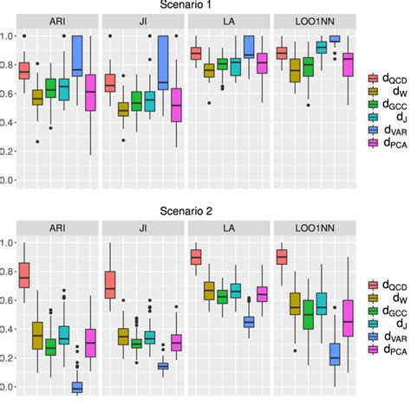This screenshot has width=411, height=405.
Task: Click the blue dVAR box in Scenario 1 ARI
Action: point(77,56)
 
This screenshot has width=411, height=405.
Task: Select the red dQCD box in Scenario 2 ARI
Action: point(24,274)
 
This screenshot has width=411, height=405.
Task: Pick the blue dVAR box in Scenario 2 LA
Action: point(248,322)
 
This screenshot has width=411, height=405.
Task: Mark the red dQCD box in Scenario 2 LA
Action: point(196,257)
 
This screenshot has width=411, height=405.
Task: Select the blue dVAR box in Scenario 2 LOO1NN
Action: point(334,356)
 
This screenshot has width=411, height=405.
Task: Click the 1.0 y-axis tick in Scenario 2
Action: point(8,243)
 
